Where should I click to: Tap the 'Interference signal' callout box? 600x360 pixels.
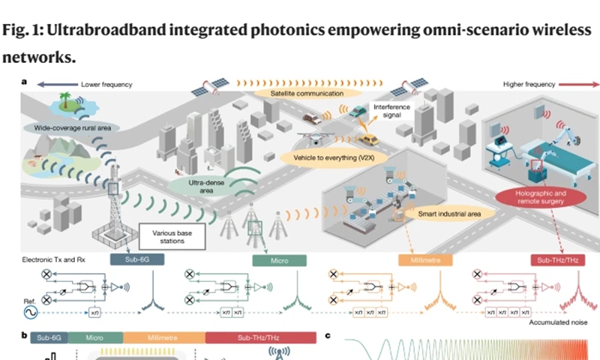[394, 112]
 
